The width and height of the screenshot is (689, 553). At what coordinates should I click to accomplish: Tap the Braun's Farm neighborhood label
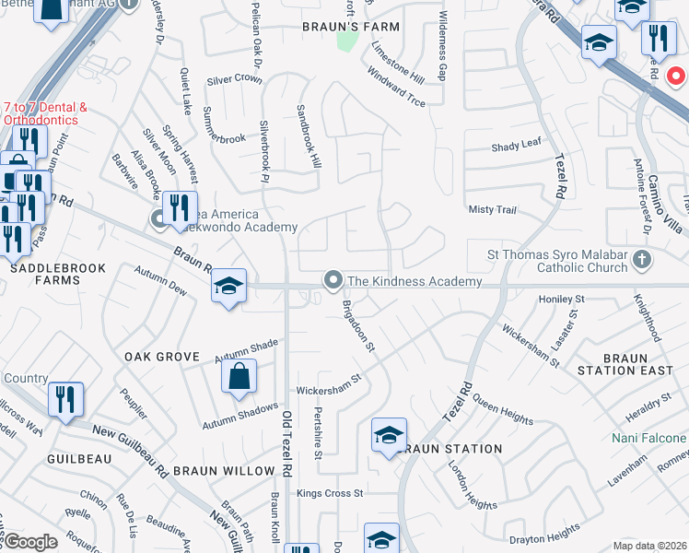coord(351,27)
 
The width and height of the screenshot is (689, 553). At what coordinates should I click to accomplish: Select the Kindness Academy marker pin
coord(333,279)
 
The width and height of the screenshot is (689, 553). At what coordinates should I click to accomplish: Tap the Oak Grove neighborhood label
coord(162,356)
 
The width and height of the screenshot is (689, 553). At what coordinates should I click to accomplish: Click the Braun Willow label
coord(223,471)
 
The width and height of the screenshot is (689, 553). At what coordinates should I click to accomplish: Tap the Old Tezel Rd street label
coord(286,443)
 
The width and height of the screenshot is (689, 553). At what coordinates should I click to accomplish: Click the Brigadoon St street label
coord(359,324)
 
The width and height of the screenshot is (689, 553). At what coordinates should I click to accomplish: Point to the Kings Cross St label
coord(330,493)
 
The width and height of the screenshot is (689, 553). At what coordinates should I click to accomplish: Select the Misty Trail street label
coord(493,210)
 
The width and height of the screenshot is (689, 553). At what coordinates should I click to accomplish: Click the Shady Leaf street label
coord(517,146)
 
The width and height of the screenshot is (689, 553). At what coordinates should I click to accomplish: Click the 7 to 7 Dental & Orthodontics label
coord(45,113)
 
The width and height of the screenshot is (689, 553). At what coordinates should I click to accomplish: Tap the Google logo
coord(29,542)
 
